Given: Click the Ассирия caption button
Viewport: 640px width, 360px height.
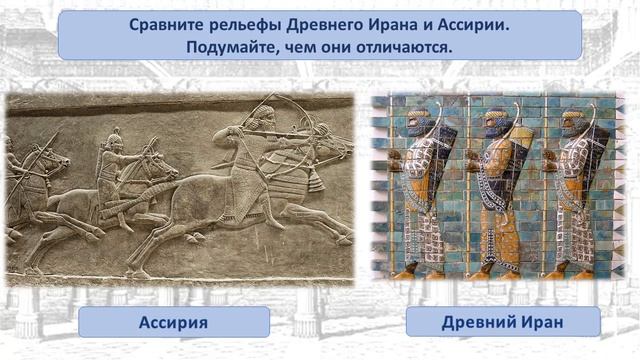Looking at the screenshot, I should coord(173,322).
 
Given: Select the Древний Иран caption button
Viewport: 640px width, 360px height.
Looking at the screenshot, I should coord(502,322).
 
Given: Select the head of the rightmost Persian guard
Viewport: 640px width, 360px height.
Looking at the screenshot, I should coord(571,122).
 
